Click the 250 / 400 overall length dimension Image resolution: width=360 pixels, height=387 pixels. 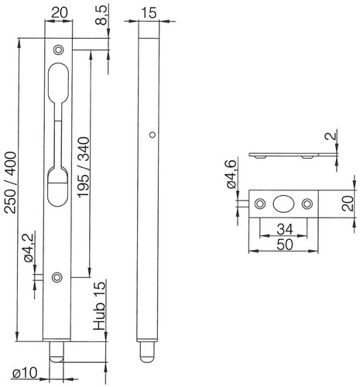coord(11,183)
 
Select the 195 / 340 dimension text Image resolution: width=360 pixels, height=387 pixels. coord(84,168)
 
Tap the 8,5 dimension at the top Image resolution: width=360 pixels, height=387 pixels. coord(101,15)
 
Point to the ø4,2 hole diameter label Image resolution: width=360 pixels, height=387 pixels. coord(29,248)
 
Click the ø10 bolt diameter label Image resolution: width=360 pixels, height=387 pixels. coord(25,373)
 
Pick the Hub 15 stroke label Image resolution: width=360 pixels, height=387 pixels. coord(99,305)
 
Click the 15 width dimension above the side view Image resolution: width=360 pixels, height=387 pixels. coord(149,13)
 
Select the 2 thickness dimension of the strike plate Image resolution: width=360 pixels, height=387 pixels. coord(333,135)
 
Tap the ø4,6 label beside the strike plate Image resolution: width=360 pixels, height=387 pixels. coord(231,174)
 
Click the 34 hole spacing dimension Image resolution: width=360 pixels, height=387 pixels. coord(285,229)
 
